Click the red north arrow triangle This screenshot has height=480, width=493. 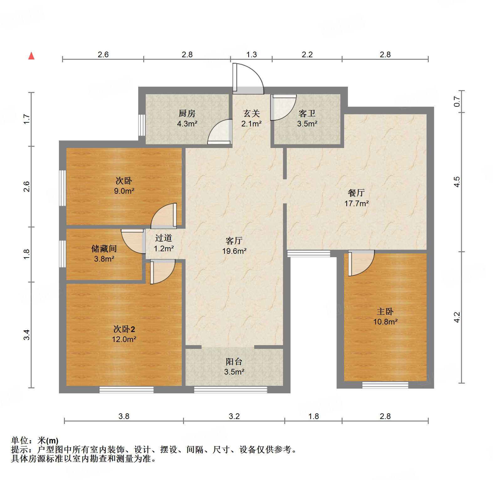(x=31, y=56)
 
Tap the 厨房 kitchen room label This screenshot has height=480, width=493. (x=187, y=113)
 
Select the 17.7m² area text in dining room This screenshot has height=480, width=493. (x=356, y=203)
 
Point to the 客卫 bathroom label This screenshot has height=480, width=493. (x=307, y=113)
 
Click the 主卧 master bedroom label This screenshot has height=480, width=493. (x=385, y=311)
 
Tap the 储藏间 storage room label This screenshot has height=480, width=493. (x=104, y=248)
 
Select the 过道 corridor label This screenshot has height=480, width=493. (x=164, y=238)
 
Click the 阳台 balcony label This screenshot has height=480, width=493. (x=234, y=362)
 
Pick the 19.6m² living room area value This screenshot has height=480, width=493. (x=234, y=251)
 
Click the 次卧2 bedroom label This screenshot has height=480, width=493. (x=124, y=329)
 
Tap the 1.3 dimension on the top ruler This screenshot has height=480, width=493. (x=251, y=55)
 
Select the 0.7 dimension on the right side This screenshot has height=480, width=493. (x=457, y=101)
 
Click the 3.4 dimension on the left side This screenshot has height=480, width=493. (x=27, y=335)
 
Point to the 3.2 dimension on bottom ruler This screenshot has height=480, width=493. (x=234, y=416)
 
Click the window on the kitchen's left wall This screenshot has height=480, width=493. (x=142, y=125)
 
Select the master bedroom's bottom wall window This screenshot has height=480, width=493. (x=385, y=385)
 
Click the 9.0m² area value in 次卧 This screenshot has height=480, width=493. (x=124, y=191)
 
